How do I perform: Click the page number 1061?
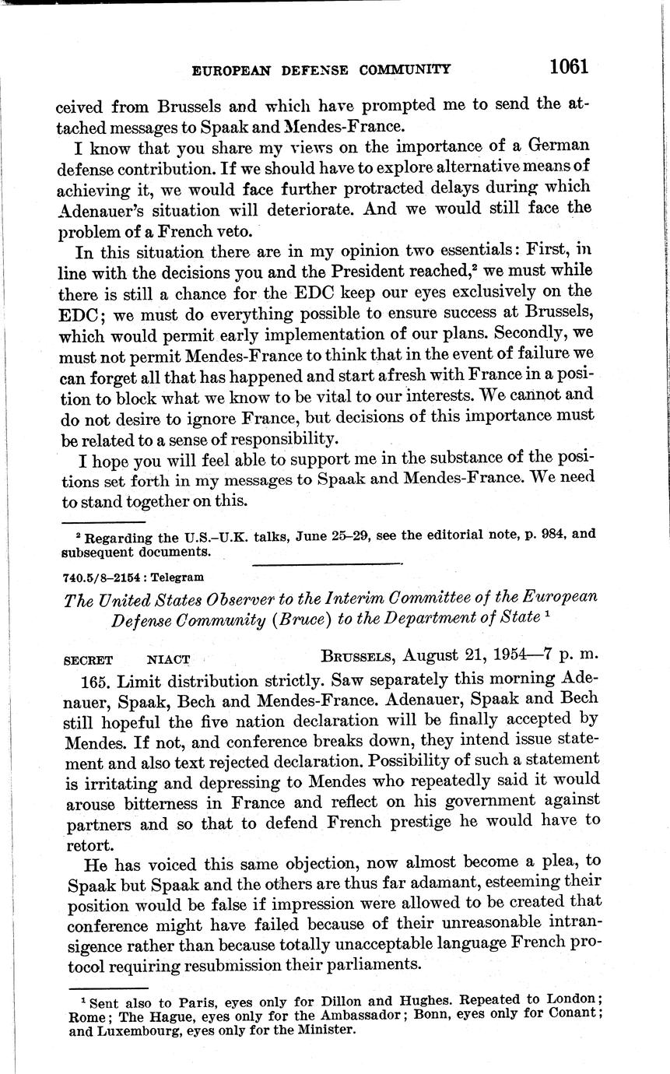click(x=567, y=66)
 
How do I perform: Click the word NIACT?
click(x=169, y=659)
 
